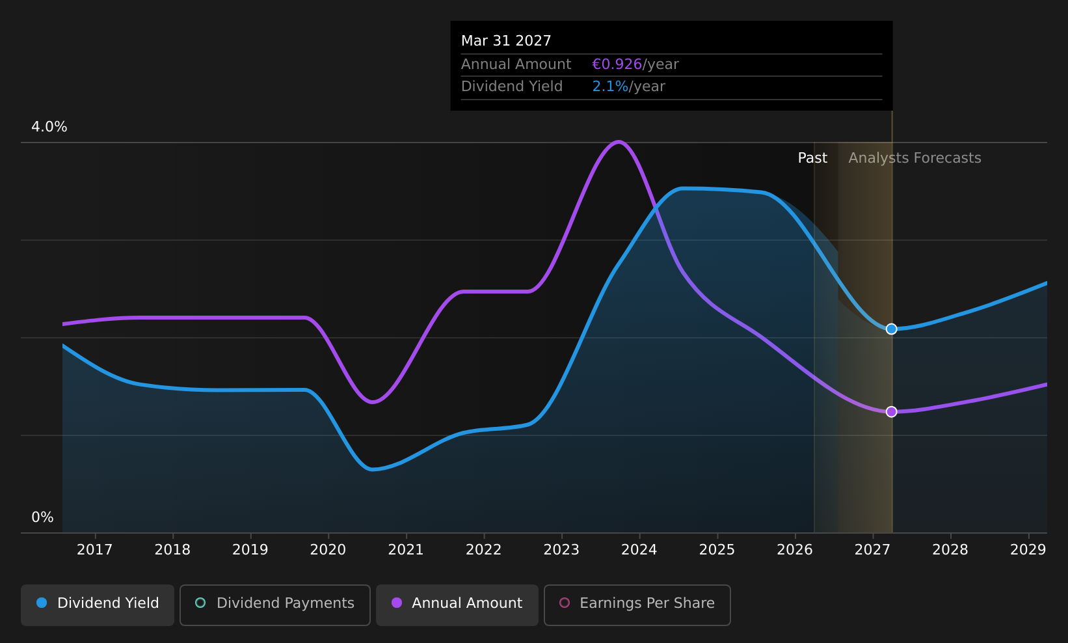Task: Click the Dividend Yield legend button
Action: pyautogui.click(x=98, y=605)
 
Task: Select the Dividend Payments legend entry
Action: pyautogui.click(x=275, y=605)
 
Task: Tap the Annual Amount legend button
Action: pyautogui.click(x=457, y=605)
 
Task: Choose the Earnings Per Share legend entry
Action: pyautogui.click(x=637, y=605)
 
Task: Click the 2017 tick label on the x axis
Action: pyautogui.click(x=94, y=550)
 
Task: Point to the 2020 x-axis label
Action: pyautogui.click(x=328, y=550)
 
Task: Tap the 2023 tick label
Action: pyautogui.click(x=561, y=550)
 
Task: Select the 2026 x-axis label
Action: pyautogui.click(x=795, y=550)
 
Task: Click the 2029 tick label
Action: pyautogui.click(x=1028, y=550)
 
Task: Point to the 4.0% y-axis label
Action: pyautogui.click(x=49, y=127)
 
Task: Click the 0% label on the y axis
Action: pyautogui.click(x=42, y=517)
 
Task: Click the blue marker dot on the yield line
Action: pyautogui.click(x=891, y=329)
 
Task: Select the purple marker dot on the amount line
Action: pyautogui.click(x=891, y=412)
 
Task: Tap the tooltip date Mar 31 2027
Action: pyautogui.click(x=506, y=41)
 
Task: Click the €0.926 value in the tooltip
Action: pyautogui.click(x=617, y=64)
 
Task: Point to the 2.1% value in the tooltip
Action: pyautogui.click(x=610, y=87)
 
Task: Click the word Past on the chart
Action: pyautogui.click(x=812, y=158)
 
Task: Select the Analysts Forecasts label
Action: pyautogui.click(x=914, y=158)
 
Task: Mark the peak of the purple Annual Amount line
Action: pyautogui.click(x=619, y=142)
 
